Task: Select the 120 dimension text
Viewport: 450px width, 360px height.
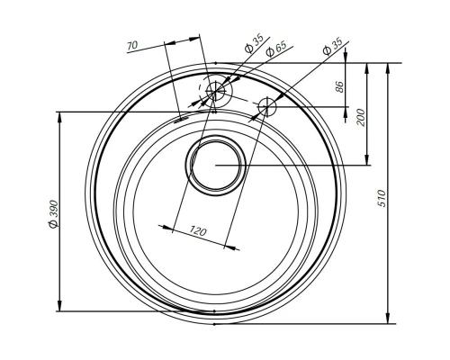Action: (198, 232)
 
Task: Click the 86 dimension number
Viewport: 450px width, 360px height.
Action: (340, 86)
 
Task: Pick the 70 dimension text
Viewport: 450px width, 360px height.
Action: (132, 44)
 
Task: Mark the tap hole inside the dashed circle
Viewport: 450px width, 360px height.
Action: (216, 90)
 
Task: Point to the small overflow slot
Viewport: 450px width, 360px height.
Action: (182, 115)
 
